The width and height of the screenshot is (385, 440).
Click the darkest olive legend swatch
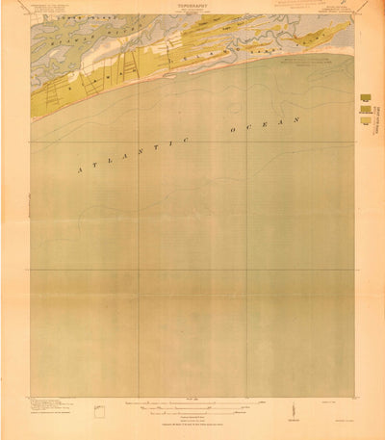click(366, 97)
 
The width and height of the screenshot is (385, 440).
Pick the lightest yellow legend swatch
click(366, 123)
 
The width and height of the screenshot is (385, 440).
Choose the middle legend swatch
click(366, 111)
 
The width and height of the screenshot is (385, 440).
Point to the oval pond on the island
click(170, 68)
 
